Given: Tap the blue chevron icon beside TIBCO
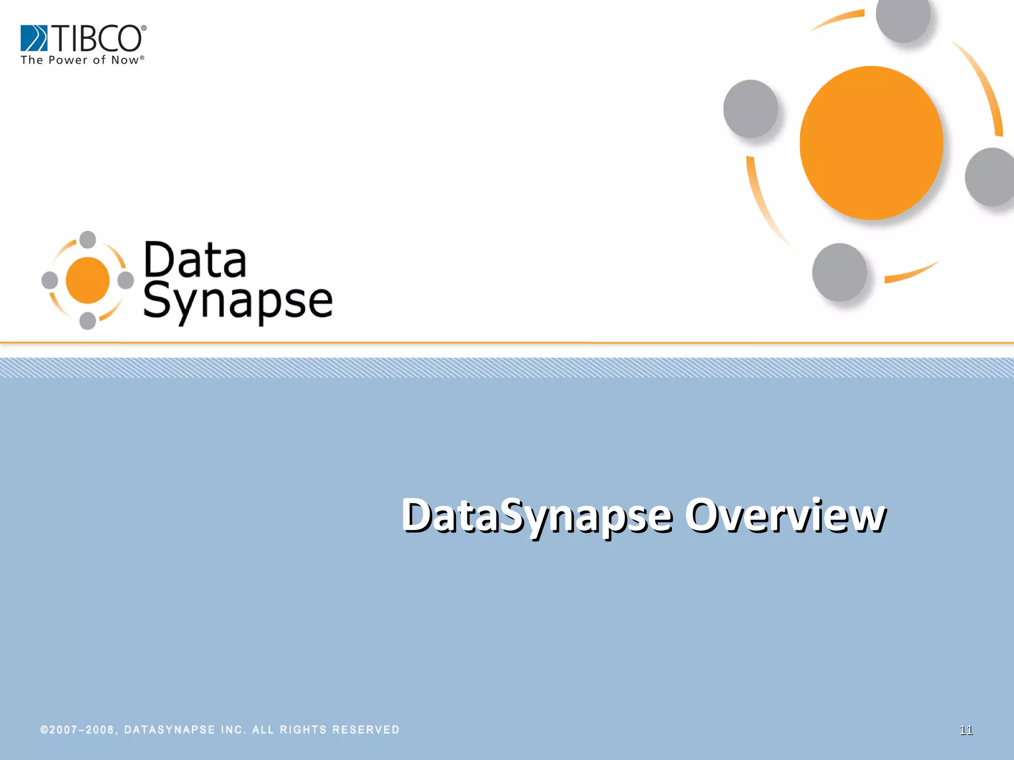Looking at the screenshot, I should (x=34, y=38).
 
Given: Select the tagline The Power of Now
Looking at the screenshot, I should (x=82, y=60).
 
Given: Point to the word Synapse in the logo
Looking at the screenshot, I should (x=238, y=301).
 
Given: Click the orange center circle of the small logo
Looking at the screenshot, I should (x=88, y=280).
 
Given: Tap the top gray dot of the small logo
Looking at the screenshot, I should (x=88, y=239).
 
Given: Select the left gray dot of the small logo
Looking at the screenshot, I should (x=50, y=280).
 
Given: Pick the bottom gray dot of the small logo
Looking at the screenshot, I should (x=88, y=321).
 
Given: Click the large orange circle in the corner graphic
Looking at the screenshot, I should (x=871, y=142).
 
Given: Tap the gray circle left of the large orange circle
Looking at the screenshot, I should (x=751, y=109).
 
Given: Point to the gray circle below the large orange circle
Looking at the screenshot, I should (x=840, y=272).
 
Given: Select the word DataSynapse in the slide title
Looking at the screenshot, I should (x=537, y=516).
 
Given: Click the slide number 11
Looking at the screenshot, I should (x=966, y=730).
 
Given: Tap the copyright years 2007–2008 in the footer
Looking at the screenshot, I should (x=82, y=730).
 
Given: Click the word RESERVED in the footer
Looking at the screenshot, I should (x=366, y=730).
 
